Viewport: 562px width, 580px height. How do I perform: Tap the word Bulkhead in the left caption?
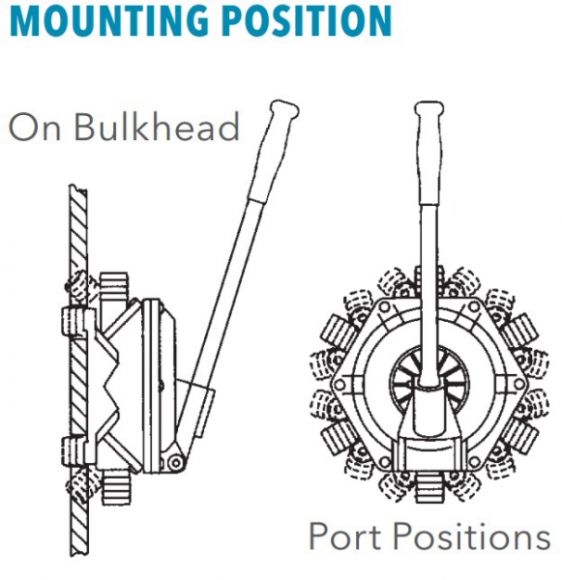pos(157,127)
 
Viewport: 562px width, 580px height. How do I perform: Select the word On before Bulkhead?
pos(35,128)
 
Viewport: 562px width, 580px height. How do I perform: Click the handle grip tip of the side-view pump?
pos(284,108)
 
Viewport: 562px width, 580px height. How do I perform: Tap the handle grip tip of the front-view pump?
pos(429,108)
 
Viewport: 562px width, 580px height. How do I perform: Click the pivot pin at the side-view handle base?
pos(175,462)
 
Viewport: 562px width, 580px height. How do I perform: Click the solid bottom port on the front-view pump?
pos(429,487)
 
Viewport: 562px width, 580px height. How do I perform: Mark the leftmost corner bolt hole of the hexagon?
pos(340,386)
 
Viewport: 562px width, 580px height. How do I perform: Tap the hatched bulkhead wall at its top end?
pos(78,190)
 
